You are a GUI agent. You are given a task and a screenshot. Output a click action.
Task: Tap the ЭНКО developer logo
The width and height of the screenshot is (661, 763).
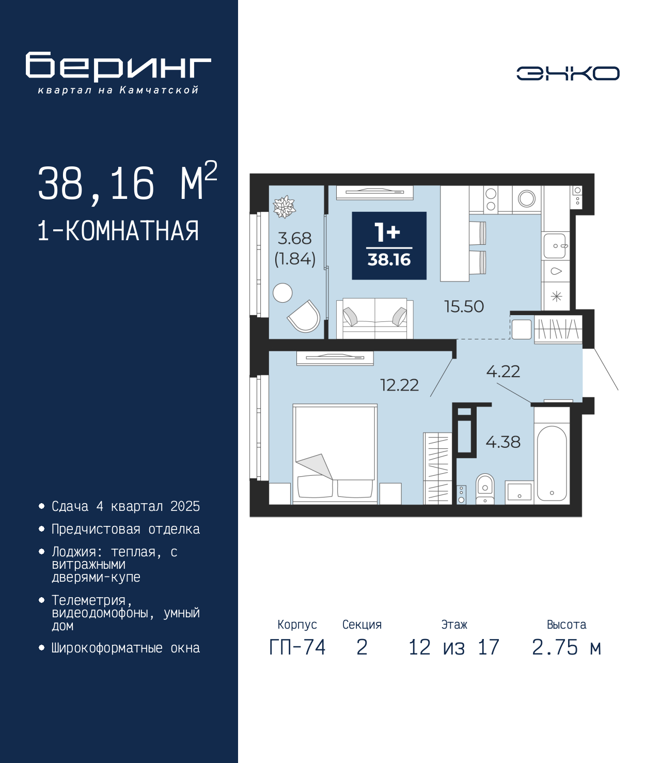pyautogui.click(x=568, y=73)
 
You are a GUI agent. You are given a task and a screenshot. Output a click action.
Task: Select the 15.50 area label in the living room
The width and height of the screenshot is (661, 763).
pyautogui.click(x=464, y=306)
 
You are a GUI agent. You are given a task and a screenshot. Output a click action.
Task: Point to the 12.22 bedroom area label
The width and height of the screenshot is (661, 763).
pyautogui.click(x=399, y=385)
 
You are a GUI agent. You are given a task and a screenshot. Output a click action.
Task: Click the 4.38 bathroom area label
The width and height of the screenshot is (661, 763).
pyautogui.click(x=503, y=442)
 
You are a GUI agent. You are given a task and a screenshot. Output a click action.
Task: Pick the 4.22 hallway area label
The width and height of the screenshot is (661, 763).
pyautogui.click(x=503, y=371)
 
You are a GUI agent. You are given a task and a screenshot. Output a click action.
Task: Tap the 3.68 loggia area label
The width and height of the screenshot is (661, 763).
pyautogui.click(x=294, y=239)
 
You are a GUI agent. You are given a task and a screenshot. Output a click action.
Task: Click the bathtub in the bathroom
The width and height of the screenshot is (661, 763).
pyautogui.click(x=552, y=463)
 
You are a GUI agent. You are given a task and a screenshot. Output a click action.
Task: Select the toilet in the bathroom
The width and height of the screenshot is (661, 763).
pyautogui.click(x=485, y=489)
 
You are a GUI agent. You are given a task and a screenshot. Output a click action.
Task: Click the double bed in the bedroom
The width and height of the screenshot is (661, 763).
pyautogui.click(x=335, y=454)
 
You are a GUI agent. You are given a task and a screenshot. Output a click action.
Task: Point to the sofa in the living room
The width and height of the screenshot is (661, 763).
pyautogui.click(x=374, y=319)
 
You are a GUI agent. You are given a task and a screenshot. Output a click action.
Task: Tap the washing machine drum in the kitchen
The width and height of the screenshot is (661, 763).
pyautogui.click(x=527, y=198)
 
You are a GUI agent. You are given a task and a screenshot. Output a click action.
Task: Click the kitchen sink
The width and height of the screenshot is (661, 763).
pyautogui.click(x=555, y=246)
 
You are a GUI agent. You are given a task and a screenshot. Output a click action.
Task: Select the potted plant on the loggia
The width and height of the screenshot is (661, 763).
pyautogui.click(x=284, y=207)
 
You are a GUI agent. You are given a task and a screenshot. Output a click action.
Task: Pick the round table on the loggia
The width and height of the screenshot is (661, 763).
pyautogui.click(x=282, y=293)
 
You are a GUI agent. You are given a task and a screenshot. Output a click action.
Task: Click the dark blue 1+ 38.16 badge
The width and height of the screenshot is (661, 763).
pyautogui.click(x=389, y=245)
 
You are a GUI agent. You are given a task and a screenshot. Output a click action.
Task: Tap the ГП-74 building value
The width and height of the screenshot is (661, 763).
pyautogui.click(x=297, y=647)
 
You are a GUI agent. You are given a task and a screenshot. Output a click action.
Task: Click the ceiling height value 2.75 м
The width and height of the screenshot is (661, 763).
pyautogui.click(x=566, y=647)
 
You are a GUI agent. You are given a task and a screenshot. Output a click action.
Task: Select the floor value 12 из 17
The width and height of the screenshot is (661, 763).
pyautogui.click(x=454, y=647)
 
